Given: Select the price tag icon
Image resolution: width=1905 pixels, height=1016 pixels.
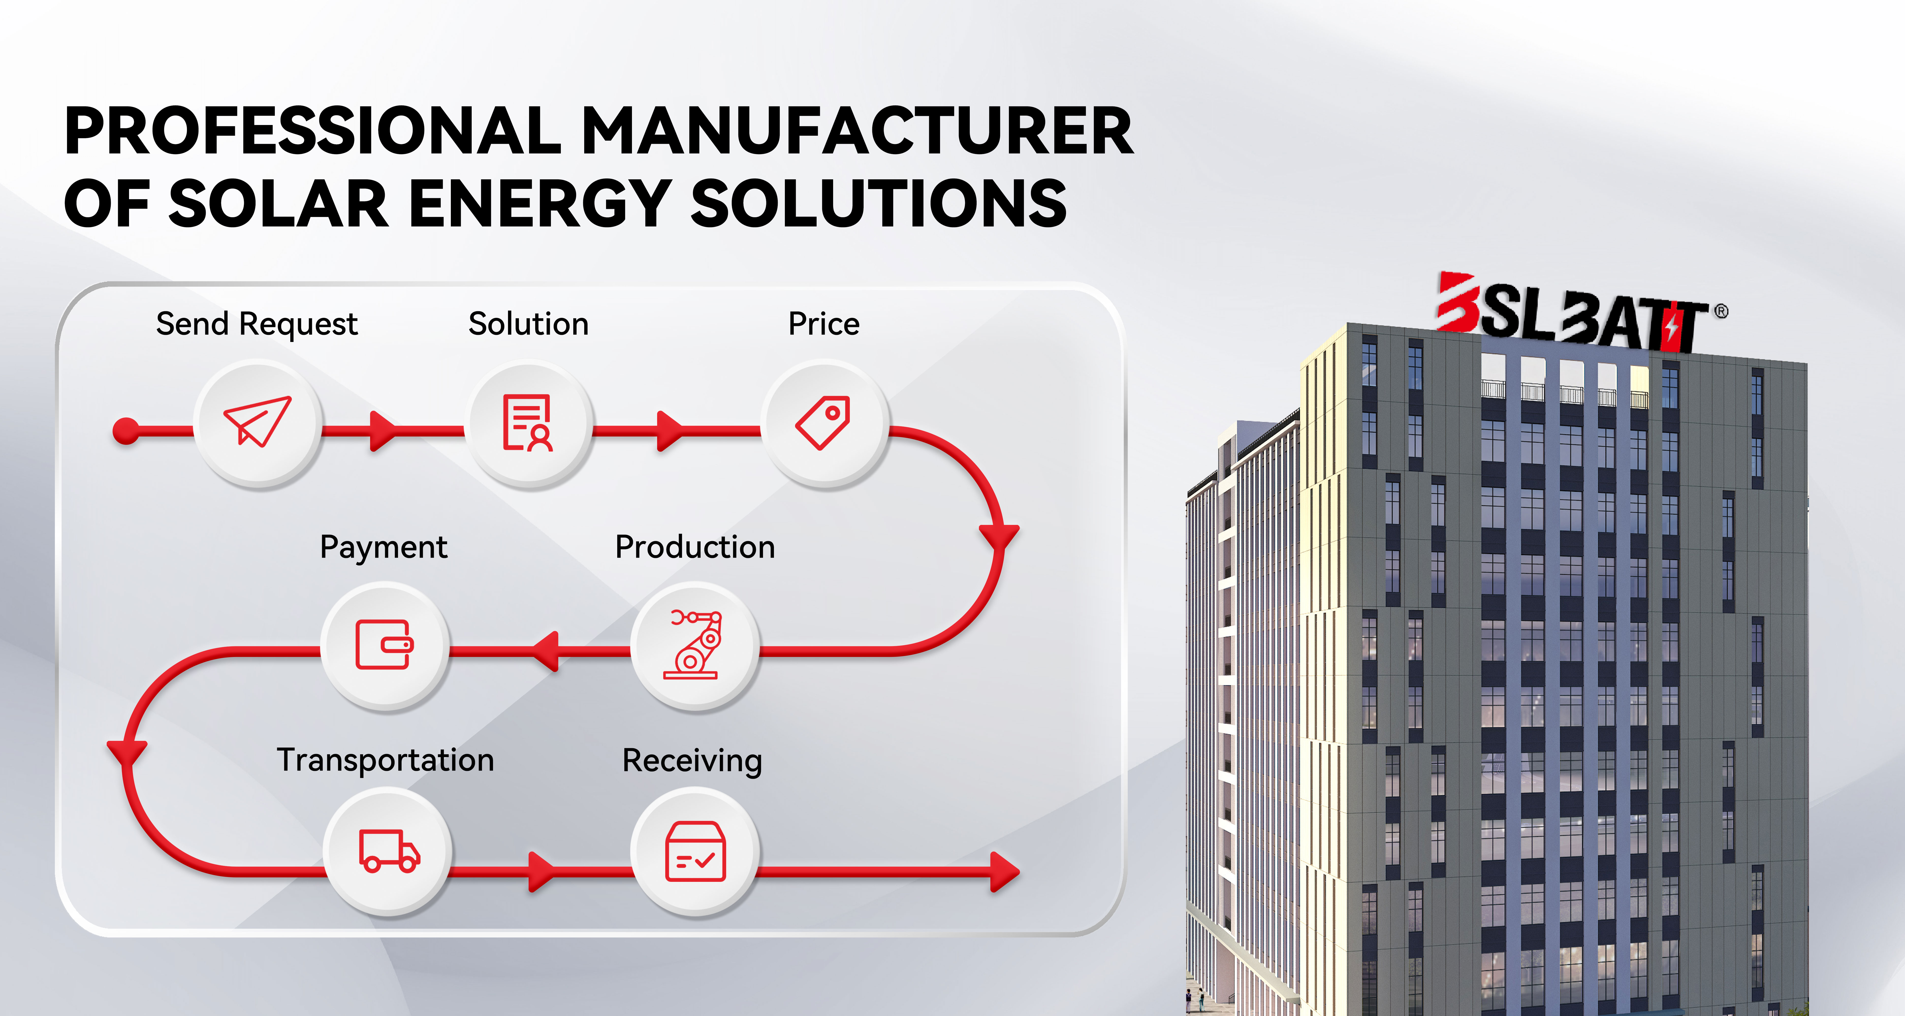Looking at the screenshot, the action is click(x=823, y=422).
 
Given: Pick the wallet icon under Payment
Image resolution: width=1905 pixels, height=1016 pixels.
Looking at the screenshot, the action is click(x=385, y=644).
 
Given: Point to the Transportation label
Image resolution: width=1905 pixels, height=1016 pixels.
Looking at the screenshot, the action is click(x=385, y=760).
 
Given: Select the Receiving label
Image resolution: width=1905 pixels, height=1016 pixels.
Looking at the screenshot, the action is click(x=692, y=761).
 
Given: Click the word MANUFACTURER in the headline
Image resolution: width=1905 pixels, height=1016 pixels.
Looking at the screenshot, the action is click(x=857, y=131).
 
